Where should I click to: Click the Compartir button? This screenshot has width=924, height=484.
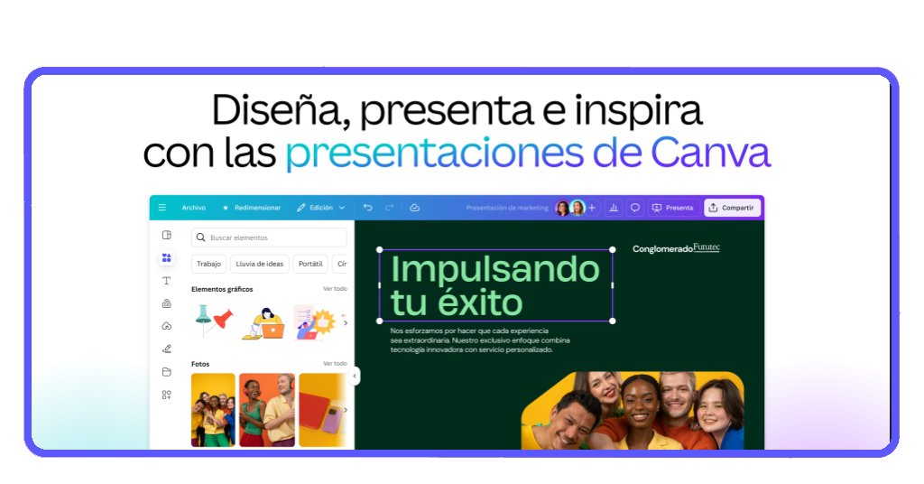(732, 208)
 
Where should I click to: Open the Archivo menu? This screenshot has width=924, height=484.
(193, 208)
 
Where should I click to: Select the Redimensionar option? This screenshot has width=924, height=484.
(252, 208)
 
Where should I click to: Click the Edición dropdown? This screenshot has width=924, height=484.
(320, 208)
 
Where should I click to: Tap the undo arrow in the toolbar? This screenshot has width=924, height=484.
(367, 208)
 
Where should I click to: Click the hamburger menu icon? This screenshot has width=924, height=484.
(162, 208)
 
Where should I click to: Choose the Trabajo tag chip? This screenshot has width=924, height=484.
(208, 264)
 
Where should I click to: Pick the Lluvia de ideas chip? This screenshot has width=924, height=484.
(259, 264)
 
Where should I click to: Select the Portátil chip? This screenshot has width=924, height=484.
(310, 264)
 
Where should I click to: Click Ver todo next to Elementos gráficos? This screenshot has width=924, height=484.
(335, 289)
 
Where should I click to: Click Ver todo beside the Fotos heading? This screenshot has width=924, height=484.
(335, 363)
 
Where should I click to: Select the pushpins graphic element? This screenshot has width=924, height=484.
(213, 320)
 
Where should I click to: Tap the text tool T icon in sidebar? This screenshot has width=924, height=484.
(166, 281)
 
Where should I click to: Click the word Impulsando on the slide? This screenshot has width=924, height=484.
(495, 268)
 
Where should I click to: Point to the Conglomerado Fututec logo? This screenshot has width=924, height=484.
(676, 247)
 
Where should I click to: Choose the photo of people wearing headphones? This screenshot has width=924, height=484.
(266, 409)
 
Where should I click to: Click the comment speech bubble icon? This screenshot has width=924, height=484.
(634, 208)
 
